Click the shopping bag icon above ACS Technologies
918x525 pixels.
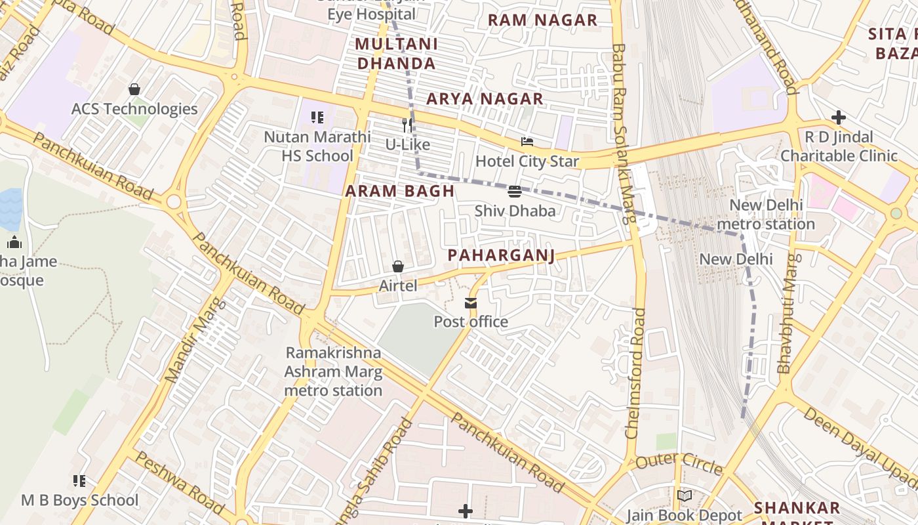click(134, 89)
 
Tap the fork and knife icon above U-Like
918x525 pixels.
click(408, 125)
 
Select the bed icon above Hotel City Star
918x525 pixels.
click(527, 142)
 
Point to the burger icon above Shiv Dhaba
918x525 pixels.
click(515, 192)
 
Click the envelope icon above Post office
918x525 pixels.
click(471, 303)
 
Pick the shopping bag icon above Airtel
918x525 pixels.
click(397, 266)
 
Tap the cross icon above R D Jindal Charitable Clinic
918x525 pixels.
click(838, 118)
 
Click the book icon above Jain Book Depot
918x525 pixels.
click(685, 496)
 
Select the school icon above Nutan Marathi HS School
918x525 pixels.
click(317, 118)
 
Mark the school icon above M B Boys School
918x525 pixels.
click(79, 481)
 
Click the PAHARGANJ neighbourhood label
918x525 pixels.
click(501, 255)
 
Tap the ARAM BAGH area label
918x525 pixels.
click(399, 191)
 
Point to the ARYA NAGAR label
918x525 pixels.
click(485, 99)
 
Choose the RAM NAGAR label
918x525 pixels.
click(542, 20)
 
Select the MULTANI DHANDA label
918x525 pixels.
click(395, 54)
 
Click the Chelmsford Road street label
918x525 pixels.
click(636, 373)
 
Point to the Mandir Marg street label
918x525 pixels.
click(195, 341)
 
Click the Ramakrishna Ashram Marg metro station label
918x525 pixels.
click(333, 371)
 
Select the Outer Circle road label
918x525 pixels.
click(679, 463)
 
